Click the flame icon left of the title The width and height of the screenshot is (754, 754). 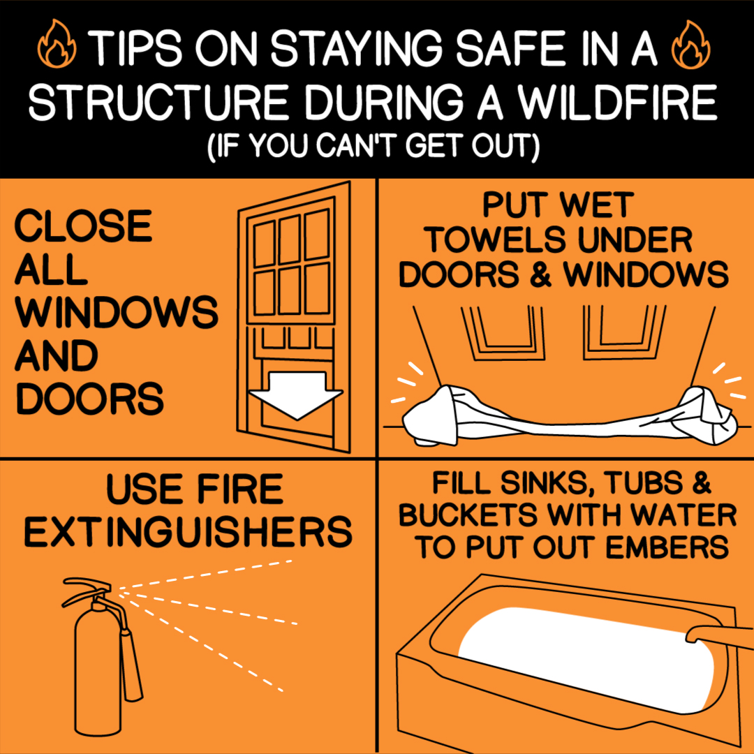[x=57, y=44]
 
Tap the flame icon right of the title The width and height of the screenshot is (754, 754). [x=690, y=44]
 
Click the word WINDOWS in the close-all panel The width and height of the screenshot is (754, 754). [x=117, y=312]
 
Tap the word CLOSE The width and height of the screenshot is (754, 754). [x=84, y=226]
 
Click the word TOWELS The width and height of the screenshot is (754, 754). [x=496, y=239]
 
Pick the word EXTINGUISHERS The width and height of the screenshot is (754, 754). [x=188, y=531]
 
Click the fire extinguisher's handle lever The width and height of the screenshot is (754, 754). [x=87, y=584]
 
